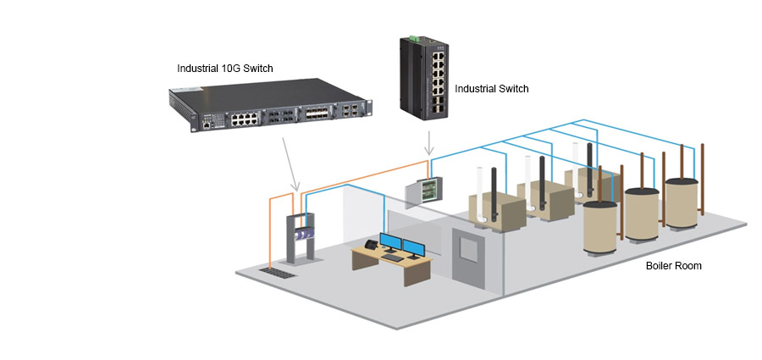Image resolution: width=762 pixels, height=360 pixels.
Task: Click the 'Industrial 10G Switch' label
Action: point(224,68)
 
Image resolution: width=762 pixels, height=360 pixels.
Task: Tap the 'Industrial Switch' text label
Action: point(492,87)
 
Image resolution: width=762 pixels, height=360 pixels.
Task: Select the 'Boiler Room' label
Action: point(673,266)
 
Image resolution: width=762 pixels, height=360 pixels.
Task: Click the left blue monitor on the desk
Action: point(391,243)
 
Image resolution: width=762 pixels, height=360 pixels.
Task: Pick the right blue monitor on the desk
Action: point(414,248)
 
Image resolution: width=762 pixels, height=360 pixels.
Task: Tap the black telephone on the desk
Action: point(370,245)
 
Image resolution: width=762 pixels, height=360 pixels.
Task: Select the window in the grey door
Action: point(467,247)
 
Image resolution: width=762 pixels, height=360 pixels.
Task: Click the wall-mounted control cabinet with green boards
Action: point(423,191)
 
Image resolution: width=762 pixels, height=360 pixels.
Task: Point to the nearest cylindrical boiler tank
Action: point(601,231)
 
